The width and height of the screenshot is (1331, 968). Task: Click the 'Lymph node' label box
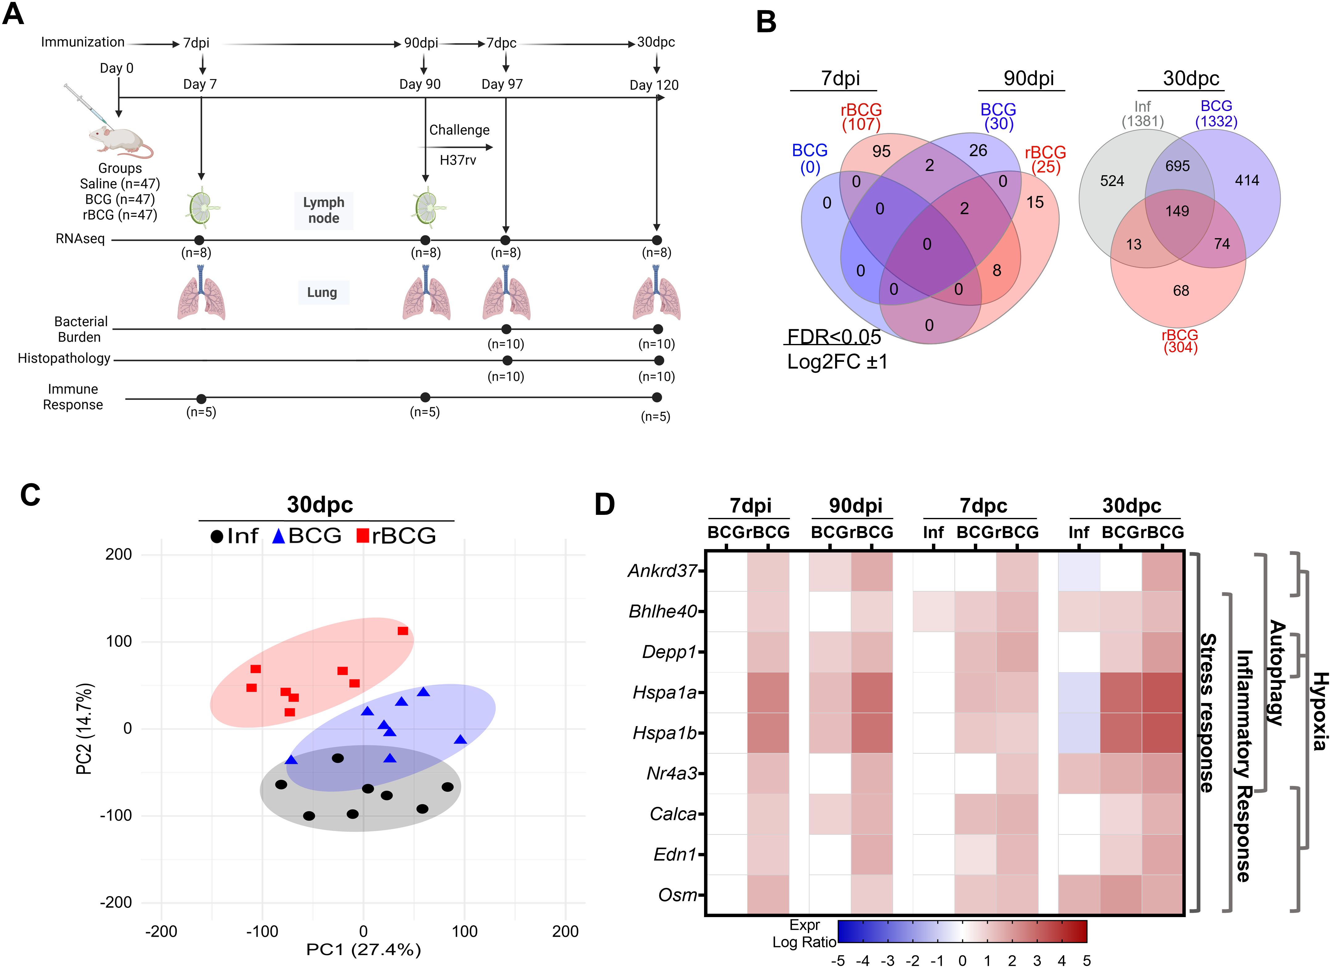(x=323, y=210)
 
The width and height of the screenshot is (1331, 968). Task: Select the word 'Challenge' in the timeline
(x=459, y=130)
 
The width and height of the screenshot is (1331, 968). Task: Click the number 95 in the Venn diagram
(x=881, y=151)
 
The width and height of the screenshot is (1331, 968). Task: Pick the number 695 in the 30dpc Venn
(x=1177, y=166)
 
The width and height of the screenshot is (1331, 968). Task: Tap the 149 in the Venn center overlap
(x=1177, y=211)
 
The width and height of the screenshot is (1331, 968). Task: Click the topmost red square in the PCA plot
(x=402, y=631)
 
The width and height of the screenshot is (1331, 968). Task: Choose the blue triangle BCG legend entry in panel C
(x=307, y=536)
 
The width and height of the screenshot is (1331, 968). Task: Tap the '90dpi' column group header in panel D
(x=855, y=505)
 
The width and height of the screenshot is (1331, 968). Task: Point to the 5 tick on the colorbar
(x=1086, y=960)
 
